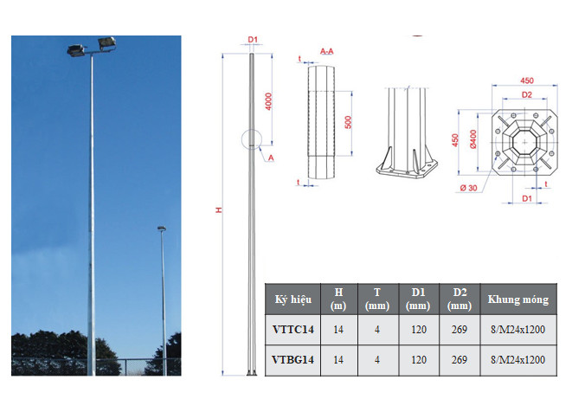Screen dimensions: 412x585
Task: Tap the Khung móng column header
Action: point(517,299)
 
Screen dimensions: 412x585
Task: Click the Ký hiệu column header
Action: point(292,299)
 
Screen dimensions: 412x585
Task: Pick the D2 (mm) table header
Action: point(460,299)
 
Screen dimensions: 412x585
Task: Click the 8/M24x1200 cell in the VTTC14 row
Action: point(517,329)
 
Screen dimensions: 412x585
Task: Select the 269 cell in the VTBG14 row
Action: point(460,359)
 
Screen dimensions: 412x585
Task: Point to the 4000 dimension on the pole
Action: point(269,101)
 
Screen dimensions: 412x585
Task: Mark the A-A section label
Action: point(327,52)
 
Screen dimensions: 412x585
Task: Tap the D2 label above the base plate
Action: point(525,93)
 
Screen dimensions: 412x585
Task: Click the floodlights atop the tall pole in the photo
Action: point(92,46)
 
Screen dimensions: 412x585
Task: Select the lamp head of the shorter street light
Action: point(161,229)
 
